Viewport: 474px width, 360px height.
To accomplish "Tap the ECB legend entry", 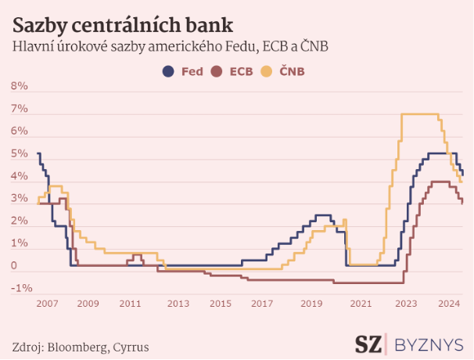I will coord(233,72).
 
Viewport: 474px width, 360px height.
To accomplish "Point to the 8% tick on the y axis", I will coord(20,86).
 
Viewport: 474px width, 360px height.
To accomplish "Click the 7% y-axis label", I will coord(20,109).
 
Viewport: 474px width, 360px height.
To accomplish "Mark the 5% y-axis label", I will coord(20,154).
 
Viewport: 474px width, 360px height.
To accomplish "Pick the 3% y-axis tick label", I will coord(20,200).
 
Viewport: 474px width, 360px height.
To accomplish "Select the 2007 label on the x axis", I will coord(48,303).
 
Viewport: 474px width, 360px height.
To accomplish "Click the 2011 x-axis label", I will coord(130,303).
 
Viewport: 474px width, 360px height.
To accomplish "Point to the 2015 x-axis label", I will coord(221,303).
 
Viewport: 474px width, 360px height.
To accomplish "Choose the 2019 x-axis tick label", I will coord(313,303).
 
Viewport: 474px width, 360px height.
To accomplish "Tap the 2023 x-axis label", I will coord(405,303).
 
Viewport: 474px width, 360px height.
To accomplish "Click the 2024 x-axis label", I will coord(449,303).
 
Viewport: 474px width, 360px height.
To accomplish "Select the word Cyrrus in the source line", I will coord(130,346).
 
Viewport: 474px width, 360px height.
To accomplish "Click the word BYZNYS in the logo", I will coord(429,344).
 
